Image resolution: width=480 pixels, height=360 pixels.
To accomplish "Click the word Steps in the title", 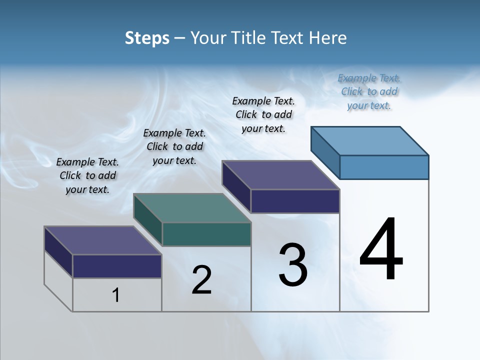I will tap(147, 38).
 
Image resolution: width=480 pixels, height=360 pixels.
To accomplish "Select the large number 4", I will tap(381, 250).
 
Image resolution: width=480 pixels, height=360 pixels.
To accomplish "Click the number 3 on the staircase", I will tap(293, 264).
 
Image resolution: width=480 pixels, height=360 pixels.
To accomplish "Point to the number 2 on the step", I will tap(201, 280).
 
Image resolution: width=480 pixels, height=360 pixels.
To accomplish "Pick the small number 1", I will tap(116, 295).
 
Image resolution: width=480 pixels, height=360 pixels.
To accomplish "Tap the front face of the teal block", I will tap(206, 234).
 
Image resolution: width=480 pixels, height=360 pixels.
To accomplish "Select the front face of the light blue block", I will tap(384, 167).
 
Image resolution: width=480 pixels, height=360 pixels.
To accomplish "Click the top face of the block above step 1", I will tap(102, 240).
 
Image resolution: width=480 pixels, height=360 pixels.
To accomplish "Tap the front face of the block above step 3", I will tap(295, 201).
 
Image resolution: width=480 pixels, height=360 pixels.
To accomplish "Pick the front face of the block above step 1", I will tap(117, 266).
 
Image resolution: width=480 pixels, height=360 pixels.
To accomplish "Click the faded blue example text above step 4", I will tap(369, 91).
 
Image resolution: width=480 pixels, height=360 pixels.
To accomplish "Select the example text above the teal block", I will tap(174, 146).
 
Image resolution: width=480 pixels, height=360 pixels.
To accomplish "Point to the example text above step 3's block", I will tap(263, 114).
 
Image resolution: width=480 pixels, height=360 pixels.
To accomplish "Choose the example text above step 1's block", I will tap(87, 175).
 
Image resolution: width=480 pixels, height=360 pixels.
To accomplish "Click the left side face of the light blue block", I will tap(325, 152).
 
